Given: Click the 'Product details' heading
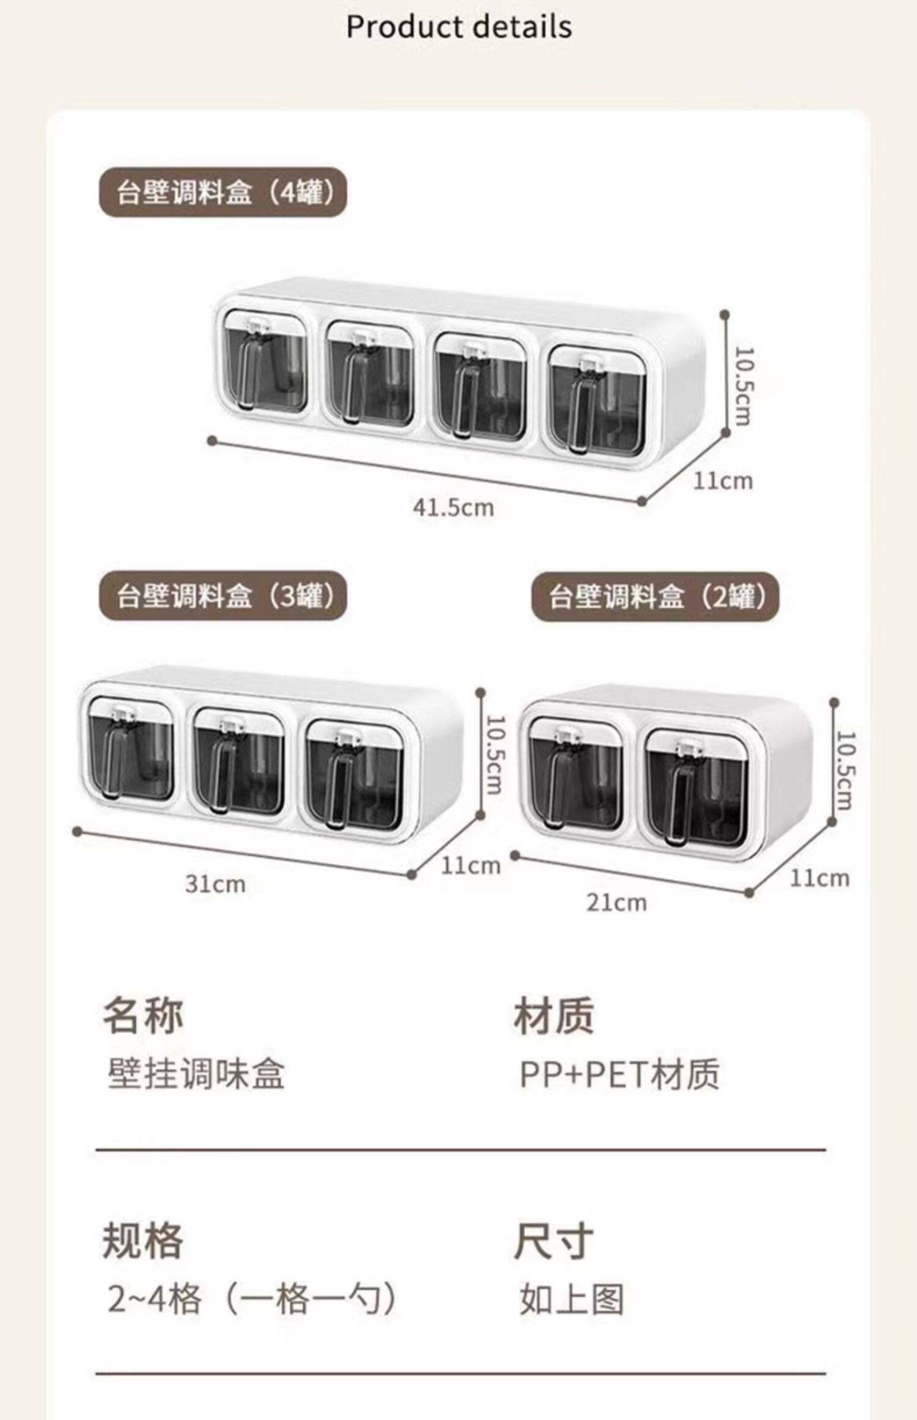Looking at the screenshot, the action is pyautogui.click(x=458, y=28).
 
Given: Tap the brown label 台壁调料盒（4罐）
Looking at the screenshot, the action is pyautogui.click(x=224, y=193).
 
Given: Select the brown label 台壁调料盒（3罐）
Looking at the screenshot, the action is pyautogui.click(x=224, y=596).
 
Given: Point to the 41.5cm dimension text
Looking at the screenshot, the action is pyautogui.click(x=453, y=508).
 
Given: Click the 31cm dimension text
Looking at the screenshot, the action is pyautogui.click(x=215, y=884).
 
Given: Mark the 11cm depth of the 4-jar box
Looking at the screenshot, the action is pyautogui.click(x=722, y=481).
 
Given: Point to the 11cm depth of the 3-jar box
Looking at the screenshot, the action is pyautogui.click(x=470, y=865).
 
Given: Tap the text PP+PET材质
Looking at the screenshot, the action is pyautogui.click(x=619, y=1074).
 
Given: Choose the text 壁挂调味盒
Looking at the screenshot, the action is pyautogui.click(x=196, y=1074).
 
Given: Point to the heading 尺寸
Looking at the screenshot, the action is pyautogui.click(x=553, y=1241).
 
